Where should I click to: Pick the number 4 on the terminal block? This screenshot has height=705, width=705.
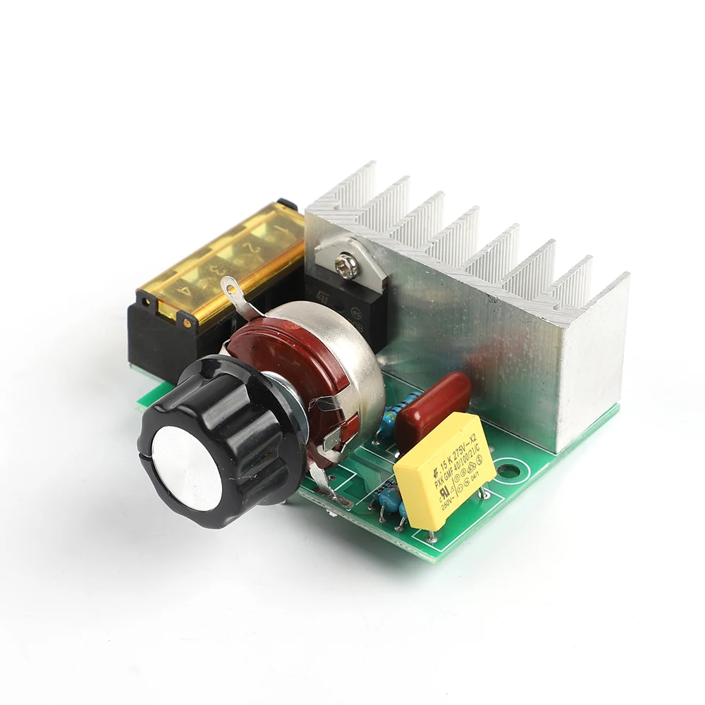point(185,288)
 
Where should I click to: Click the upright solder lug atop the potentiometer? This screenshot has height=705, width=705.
point(233,290)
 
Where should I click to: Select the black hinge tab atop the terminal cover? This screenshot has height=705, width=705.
point(286,204)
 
